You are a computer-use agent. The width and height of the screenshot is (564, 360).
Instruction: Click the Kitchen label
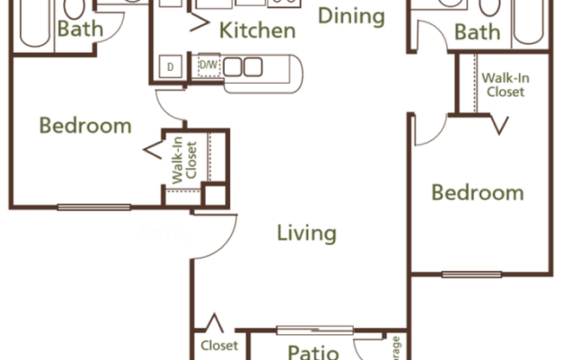pos(257,31)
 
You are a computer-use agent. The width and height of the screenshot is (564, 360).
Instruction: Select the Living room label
pos(306,232)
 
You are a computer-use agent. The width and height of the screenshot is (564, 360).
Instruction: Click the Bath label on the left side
pos(80,29)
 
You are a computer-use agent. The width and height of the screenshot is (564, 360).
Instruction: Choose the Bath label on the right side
pos(477,33)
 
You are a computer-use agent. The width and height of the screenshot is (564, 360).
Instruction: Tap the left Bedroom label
pos(86,125)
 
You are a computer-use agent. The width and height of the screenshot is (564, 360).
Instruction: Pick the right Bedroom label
pos(477,192)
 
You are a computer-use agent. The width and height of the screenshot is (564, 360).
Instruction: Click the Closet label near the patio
pos(219,345)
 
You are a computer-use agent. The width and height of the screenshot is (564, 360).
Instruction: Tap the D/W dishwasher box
pos(208,66)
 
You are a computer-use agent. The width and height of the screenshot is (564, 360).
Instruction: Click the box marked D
pos(170,67)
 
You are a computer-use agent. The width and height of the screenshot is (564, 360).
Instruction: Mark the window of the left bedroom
pos(94,207)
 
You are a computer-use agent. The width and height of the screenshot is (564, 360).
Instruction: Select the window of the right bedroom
pos(471,274)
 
